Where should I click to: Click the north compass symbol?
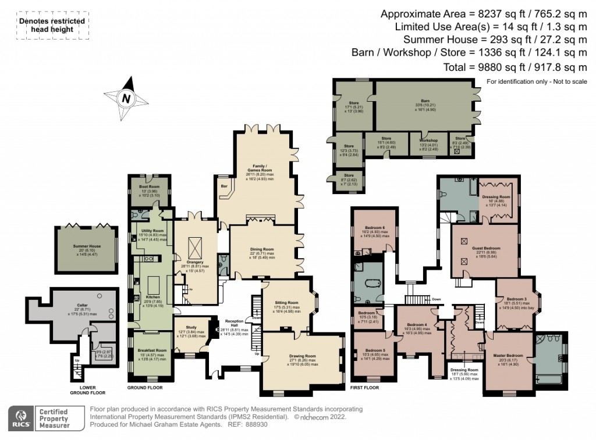tap(125, 98)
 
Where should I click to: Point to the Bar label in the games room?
tap(223, 187)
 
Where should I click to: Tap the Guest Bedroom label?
tap(484, 248)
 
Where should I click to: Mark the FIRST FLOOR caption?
tap(365, 387)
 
